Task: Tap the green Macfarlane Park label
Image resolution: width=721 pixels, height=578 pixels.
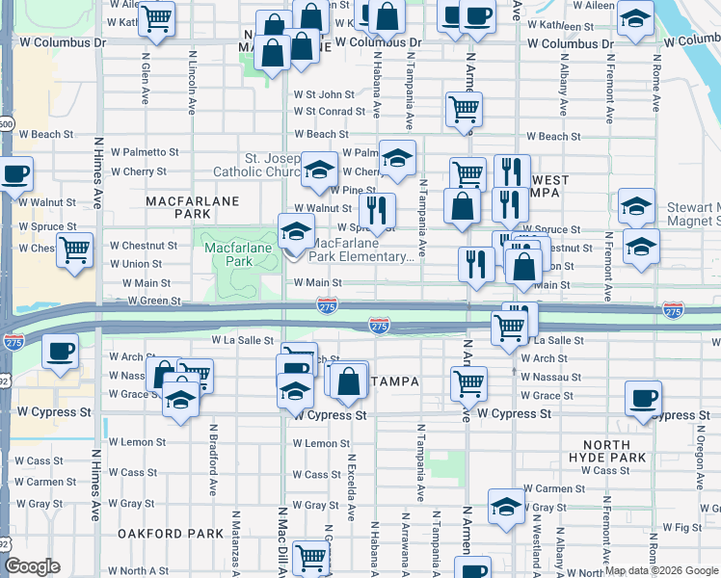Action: point(228,254)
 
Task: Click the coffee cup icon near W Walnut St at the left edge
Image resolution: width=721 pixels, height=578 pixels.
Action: point(15,175)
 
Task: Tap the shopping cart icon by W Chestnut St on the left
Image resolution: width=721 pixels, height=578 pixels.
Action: point(74,250)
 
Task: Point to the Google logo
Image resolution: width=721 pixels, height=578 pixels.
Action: point(32,566)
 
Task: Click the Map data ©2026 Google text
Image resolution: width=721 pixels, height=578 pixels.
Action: point(661,570)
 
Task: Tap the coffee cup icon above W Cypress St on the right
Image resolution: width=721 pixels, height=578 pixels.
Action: point(643,397)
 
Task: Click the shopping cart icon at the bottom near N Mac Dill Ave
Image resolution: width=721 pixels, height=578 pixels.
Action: point(310,556)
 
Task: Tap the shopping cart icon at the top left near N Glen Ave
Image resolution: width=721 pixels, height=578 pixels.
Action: point(157,16)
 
